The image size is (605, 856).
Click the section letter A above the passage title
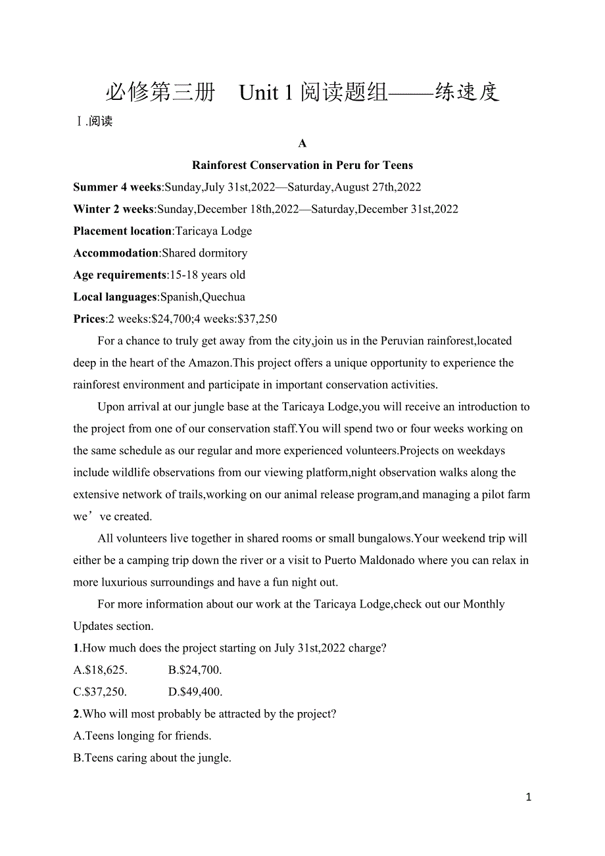coord(302,143)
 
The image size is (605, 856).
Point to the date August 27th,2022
coord(377,187)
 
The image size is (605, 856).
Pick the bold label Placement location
coord(122,231)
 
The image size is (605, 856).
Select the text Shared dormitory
coord(205,253)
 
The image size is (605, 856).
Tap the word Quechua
coord(224,297)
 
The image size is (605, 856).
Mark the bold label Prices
coord(89,319)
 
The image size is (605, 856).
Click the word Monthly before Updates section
coord(484,604)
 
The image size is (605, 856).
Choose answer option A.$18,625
coord(101,670)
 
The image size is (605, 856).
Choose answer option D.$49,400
coord(195,692)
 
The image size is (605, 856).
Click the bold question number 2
coord(76,714)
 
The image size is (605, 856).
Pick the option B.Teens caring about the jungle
coord(153,758)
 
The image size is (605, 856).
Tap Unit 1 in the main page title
coord(266,93)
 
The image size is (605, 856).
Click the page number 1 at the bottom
coord(529,797)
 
